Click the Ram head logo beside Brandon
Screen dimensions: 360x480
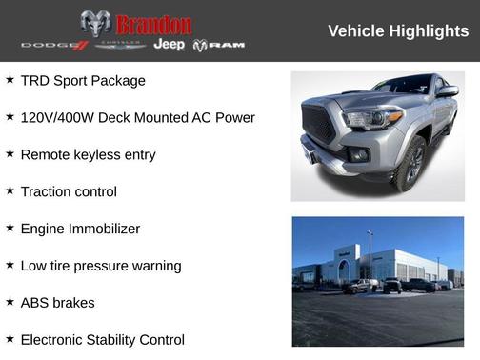(95, 23)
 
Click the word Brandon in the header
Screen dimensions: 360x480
(153, 24)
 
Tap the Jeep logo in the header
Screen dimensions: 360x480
(170, 45)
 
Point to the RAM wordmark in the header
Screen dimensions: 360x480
(219, 46)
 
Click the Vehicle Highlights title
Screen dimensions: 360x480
(398, 31)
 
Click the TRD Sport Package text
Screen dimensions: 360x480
(83, 81)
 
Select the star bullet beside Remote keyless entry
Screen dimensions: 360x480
(10, 153)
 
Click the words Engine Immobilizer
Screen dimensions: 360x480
(80, 229)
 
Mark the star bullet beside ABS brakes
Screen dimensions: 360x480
(10, 302)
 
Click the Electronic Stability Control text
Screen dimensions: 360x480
(102, 339)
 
